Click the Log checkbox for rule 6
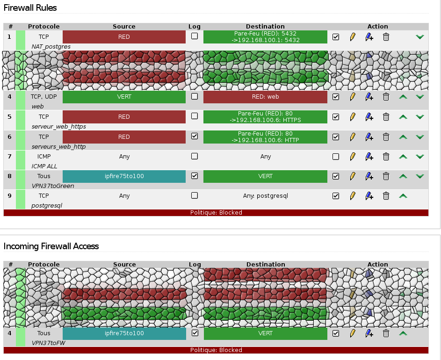pyautogui.click(x=195, y=137)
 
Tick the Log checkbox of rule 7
pyautogui.click(x=195, y=156)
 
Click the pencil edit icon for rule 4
pyautogui.click(x=353, y=97)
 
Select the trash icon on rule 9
pyautogui.click(x=386, y=196)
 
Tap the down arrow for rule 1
pyautogui.click(x=420, y=36)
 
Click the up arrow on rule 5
pyautogui.click(x=403, y=117)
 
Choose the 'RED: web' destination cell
pyautogui.click(x=265, y=97)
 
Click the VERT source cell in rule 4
pyautogui.click(x=124, y=97)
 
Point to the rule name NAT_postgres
pyautogui.click(x=51, y=47)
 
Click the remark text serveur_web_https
pyautogui.click(x=58, y=127)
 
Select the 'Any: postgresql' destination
pyautogui.click(x=265, y=196)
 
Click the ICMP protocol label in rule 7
pyautogui.click(x=44, y=157)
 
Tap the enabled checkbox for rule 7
pyautogui.click(x=336, y=157)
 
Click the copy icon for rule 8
pyautogui.click(x=369, y=176)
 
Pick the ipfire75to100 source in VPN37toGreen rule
pyautogui.click(x=124, y=176)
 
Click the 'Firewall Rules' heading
pyautogui.click(x=30, y=8)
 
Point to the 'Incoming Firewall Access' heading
pyautogui.click(x=51, y=246)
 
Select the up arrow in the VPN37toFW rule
pyautogui.click(x=403, y=333)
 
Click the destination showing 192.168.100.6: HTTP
pyautogui.click(x=265, y=137)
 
